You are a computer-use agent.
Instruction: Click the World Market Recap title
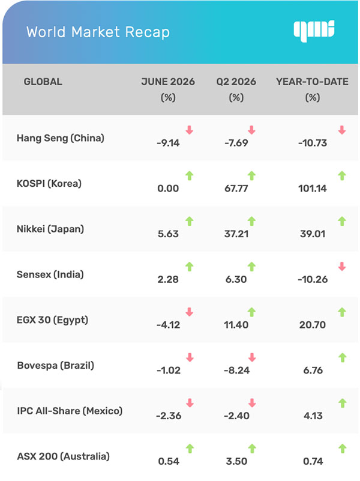[98, 32]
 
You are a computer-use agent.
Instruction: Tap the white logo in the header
[314, 31]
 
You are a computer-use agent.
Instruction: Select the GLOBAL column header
[43, 82]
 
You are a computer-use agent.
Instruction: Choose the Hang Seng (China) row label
[61, 138]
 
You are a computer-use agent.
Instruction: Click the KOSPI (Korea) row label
[49, 184]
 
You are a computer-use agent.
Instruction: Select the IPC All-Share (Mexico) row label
[70, 411]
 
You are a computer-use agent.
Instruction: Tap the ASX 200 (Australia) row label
[63, 456]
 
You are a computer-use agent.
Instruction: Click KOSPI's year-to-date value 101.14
[313, 189]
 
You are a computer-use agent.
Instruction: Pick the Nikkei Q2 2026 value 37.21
[236, 234]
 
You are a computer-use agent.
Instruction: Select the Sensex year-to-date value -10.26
[313, 279]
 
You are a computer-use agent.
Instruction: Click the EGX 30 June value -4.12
[168, 325]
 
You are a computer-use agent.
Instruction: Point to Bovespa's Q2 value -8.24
[236, 371]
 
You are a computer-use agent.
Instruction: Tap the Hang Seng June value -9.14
[168, 143]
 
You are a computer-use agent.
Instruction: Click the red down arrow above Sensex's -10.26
[342, 267]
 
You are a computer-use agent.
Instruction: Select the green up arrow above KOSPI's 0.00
[190, 176]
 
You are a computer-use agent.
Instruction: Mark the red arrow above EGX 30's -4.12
[190, 312]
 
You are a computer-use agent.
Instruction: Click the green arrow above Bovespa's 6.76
[342, 357]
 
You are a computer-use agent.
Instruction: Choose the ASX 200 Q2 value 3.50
[236, 461]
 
